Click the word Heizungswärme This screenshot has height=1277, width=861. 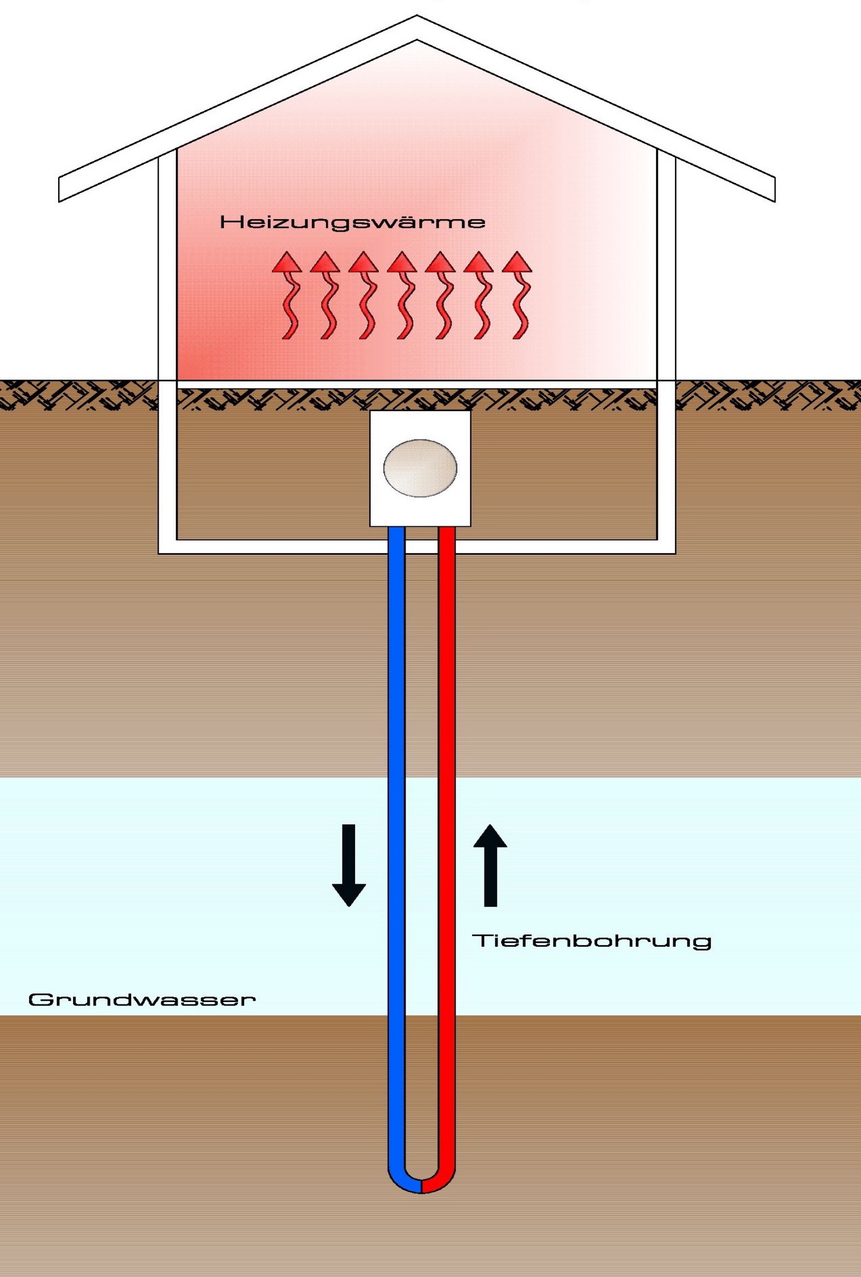click(x=352, y=223)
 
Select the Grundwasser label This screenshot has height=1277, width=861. click(x=142, y=1000)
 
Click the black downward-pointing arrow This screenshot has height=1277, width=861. click(x=349, y=865)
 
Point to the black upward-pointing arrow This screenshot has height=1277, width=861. click(x=490, y=865)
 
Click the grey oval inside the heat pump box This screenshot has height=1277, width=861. click(x=420, y=468)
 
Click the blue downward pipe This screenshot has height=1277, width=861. click(x=396, y=832)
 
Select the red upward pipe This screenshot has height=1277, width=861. click(x=447, y=832)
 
